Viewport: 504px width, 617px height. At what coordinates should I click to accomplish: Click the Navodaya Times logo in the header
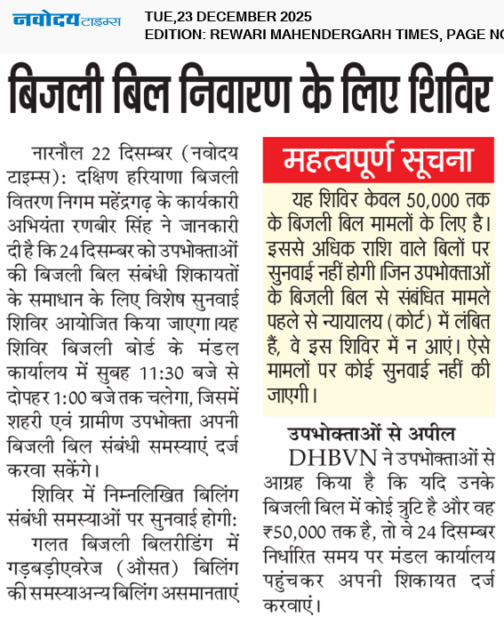[67, 20]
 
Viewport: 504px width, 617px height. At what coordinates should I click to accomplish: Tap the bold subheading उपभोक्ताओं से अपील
[371, 435]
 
